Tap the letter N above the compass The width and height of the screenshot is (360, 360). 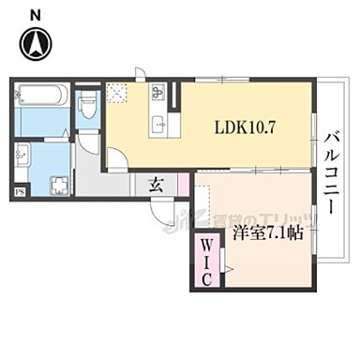(x=35, y=12)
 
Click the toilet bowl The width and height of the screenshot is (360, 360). (x=89, y=105)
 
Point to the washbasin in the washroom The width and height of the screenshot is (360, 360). (x=26, y=156)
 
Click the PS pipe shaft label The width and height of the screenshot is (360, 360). (x=20, y=193)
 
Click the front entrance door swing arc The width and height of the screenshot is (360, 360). (x=166, y=219)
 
